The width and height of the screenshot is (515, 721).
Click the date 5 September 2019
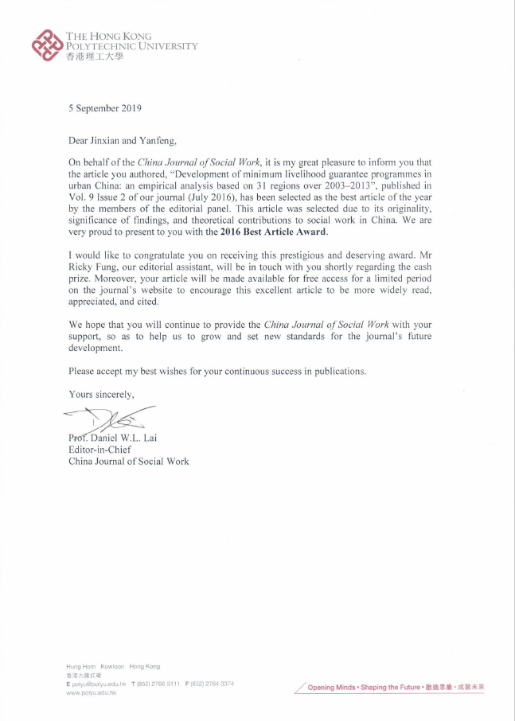click(105, 107)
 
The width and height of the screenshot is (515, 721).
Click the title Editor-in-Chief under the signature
click(100, 449)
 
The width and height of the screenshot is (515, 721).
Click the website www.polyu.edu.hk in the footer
click(92, 693)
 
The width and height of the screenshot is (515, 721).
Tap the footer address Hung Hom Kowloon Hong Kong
click(113, 666)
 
